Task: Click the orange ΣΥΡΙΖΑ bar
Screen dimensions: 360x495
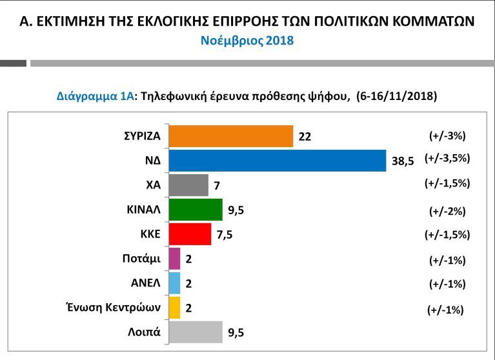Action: (230, 136)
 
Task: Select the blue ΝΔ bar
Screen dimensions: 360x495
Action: (278, 161)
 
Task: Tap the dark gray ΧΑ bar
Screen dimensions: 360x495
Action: (188, 185)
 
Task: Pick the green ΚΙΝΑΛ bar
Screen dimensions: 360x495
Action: (195, 210)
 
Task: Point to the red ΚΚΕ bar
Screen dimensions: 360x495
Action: (189, 234)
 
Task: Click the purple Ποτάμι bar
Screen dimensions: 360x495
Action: (174, 259)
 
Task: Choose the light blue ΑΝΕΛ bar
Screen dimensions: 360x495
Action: (174, 283)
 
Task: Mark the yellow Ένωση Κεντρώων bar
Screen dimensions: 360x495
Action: (174, 308)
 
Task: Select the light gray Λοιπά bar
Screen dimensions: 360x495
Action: (195, 332)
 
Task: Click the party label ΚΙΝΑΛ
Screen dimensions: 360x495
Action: (144, 210)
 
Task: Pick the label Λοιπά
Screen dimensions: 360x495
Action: (145, 332)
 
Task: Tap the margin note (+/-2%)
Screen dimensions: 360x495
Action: (447, 211)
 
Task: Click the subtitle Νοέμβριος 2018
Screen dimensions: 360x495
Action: (247, 41)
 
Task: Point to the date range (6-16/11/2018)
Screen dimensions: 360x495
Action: (396, 96)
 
